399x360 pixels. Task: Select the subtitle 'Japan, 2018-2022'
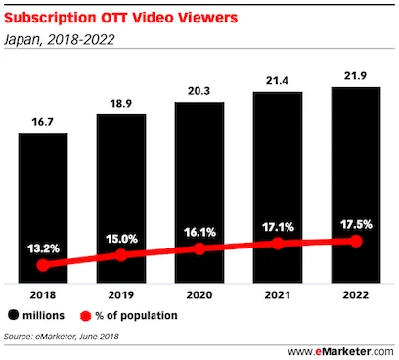coord(61,39)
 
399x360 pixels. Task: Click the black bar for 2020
coord(199,186)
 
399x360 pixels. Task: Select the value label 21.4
coord(278,78)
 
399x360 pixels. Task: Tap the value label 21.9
coord(356,74)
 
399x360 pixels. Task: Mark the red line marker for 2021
coord(278,243)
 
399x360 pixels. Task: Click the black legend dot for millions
coord(14,316)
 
